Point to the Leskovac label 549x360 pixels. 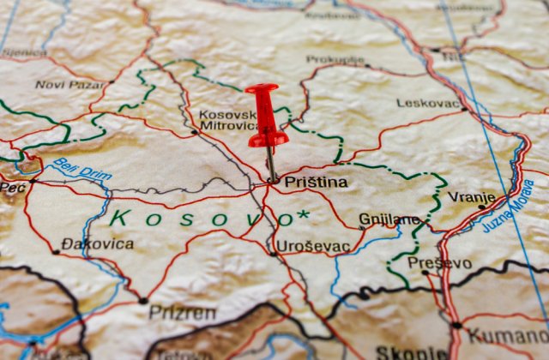[429, 103]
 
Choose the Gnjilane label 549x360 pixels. [389, 219]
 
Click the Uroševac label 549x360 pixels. [313, 246]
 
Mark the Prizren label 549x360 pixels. [183, 312]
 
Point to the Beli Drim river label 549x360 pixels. [82, 169]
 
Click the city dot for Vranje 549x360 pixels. [481, 207]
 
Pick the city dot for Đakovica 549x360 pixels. [56, 252]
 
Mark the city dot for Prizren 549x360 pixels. [143, 301]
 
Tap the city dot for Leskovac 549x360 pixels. [464, 109]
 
